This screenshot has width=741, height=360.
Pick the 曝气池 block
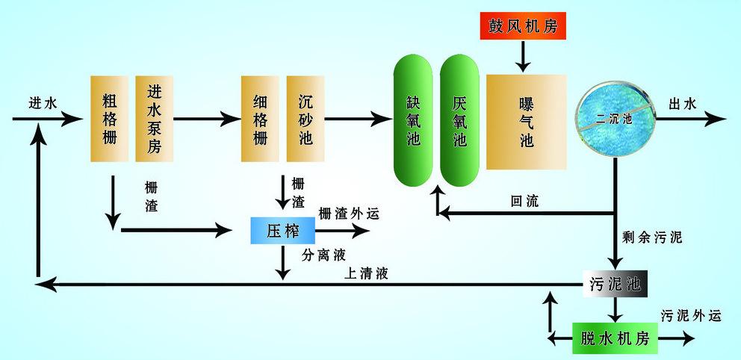527,121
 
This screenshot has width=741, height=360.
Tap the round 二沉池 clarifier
615,119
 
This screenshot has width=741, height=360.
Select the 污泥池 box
612,284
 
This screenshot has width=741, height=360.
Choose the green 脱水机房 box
615,338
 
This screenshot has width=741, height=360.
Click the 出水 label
682,104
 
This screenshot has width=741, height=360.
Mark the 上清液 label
366,273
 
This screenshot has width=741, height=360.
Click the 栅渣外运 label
349,214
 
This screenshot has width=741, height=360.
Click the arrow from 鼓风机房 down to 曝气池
523,55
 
